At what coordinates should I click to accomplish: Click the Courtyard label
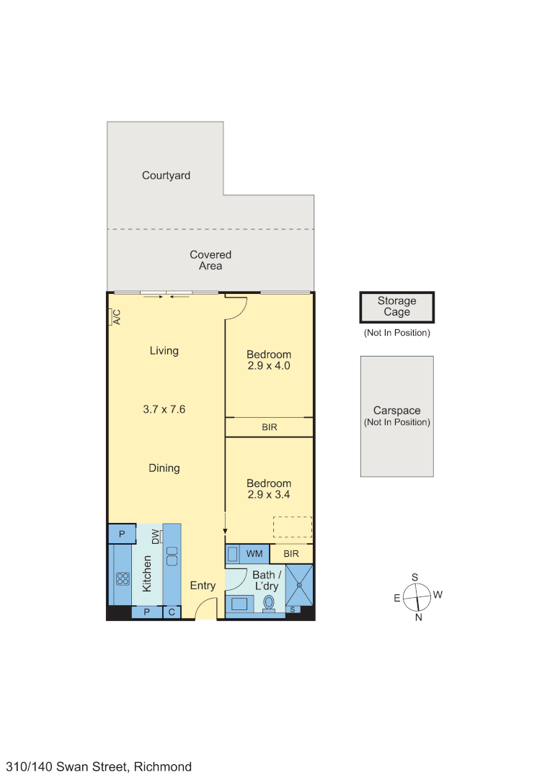[166, 175]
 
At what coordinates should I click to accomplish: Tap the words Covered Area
[210, 260]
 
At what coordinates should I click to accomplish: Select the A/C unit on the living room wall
[114, 317]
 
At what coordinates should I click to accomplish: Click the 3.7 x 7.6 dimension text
[164, 409]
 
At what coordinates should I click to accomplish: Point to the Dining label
[164, 468]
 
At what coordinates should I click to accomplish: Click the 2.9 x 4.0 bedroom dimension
[269, 366]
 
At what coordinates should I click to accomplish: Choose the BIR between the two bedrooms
[269, 427]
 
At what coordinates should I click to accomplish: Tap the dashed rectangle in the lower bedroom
[292, 527]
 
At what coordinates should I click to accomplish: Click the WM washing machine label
[254, 553]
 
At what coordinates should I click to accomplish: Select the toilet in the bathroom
[270, 602]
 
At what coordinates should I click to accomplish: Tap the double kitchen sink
[172, 556]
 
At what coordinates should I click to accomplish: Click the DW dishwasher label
[156, 537]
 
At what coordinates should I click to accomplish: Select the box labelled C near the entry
[172, 612]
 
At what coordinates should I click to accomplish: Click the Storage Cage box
[396, 308]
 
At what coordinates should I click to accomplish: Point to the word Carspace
[396, 411]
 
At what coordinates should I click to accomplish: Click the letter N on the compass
[418, 617]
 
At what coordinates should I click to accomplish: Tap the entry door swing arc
[206, 612]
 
